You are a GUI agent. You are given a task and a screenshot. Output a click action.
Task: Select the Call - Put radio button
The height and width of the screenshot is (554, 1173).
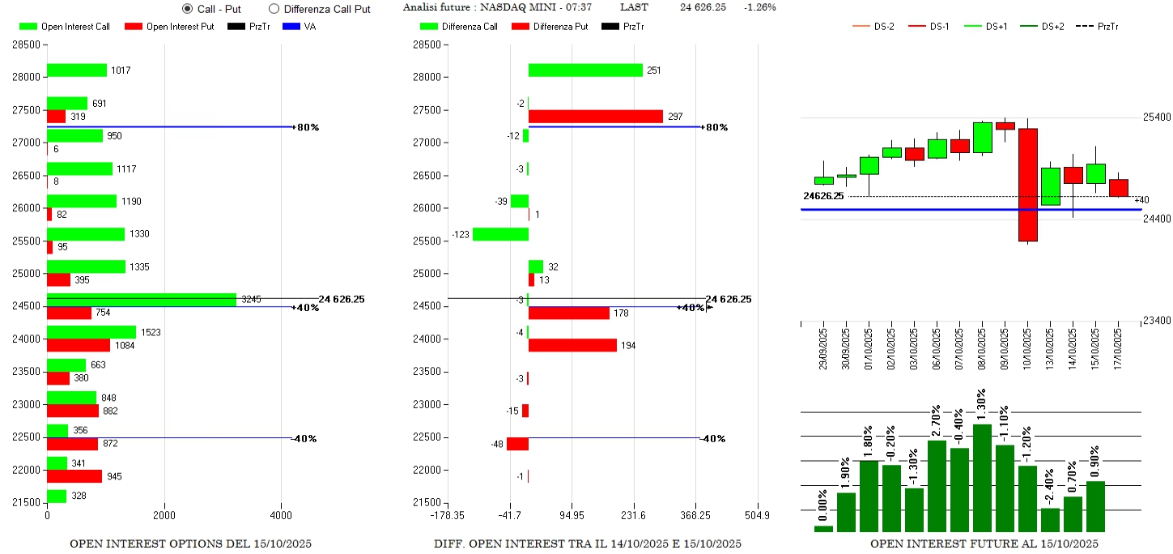click(188, 9)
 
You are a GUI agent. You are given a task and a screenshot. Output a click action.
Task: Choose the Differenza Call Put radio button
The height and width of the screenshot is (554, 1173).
click(274, 9)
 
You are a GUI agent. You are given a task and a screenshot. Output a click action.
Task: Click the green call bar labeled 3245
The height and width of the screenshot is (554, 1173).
click(142, 300)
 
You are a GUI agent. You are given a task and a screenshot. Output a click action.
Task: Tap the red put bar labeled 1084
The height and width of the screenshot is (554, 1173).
click(79, 345)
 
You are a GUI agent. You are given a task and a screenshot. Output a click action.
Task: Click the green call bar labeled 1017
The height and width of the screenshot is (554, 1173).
click(77, 70)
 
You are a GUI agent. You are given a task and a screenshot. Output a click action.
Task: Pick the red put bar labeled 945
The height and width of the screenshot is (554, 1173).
click(74, 476)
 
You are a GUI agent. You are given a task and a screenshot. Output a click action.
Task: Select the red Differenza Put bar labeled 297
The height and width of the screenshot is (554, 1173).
click(596, 117)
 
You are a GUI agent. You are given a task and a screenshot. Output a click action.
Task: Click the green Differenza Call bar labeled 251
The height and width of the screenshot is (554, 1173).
click(585, 70)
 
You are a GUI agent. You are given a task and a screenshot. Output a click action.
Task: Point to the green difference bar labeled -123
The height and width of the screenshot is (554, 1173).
click(500, 234)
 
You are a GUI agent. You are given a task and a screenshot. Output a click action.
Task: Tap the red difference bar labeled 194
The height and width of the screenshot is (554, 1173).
click(572, 345)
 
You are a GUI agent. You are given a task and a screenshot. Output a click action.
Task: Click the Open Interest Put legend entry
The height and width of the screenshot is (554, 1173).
click(170, 27)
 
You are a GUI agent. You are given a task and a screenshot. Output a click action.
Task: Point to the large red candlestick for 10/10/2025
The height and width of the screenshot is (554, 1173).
click(1028, 185)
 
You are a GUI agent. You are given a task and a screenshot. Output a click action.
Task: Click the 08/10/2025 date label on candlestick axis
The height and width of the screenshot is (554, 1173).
click(983, 347)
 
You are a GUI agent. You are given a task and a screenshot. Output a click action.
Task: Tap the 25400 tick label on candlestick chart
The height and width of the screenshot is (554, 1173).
click(1156, 117)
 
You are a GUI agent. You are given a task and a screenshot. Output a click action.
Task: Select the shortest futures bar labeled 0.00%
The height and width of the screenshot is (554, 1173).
click(823, 528)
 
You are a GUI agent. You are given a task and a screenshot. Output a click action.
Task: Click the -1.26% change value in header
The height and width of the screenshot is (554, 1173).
click(760, 7)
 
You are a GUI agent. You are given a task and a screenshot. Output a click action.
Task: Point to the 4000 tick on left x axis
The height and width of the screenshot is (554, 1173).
click(282, 515)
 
